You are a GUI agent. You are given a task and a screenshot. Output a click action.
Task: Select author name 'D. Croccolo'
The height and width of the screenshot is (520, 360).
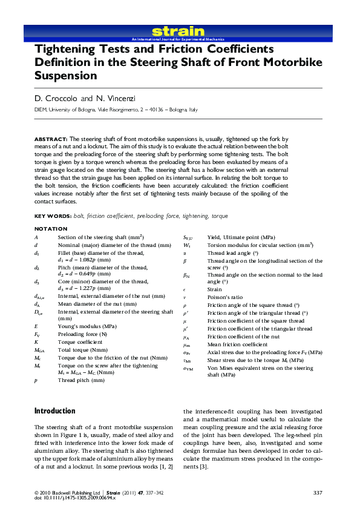coord(56,98)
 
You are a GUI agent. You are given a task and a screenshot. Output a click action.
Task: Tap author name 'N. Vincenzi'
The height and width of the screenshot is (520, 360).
coord(114,98)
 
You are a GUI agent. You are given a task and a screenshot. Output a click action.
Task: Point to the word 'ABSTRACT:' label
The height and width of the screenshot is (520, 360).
coord(51,139)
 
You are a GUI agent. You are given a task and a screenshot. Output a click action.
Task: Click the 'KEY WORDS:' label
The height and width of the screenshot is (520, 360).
coord(53,216)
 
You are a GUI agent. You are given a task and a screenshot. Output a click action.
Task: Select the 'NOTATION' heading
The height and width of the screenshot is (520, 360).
coord(51,229)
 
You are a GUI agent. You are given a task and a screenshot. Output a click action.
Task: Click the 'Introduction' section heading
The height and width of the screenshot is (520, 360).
coord(55,411)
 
